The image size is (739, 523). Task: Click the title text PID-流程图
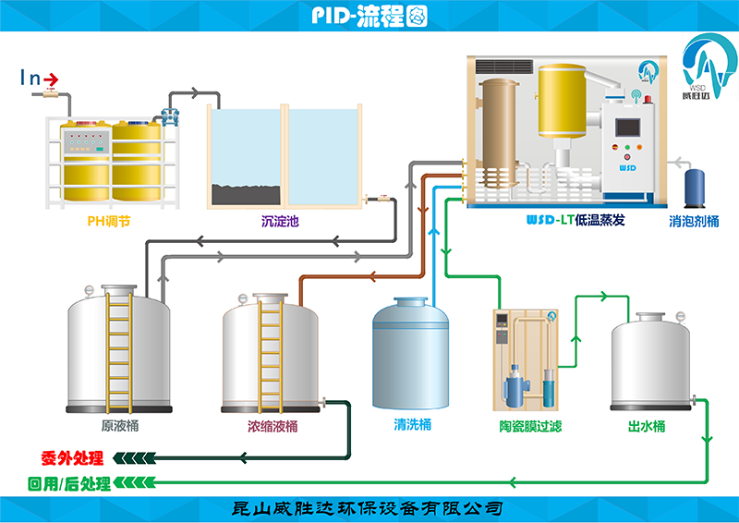tap(369, 16)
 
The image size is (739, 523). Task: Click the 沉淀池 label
tap(281, 222)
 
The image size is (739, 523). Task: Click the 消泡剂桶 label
tap(694, 222)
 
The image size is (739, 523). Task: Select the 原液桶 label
tap(120, 426)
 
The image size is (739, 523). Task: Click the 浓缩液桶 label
tap(273, 426)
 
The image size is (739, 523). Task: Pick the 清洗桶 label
tap(412, 425)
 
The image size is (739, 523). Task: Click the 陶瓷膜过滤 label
tap(525, 426)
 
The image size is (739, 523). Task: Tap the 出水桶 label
tap(646, 426)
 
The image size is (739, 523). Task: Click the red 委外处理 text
tap(72, 458)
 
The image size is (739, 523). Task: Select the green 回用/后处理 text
tap(69, 483)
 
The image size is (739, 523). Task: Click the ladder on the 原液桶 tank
tap(118, 351)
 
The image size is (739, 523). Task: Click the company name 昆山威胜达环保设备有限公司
tap(369, 508)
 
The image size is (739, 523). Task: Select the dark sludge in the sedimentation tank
tap(246, 194)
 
